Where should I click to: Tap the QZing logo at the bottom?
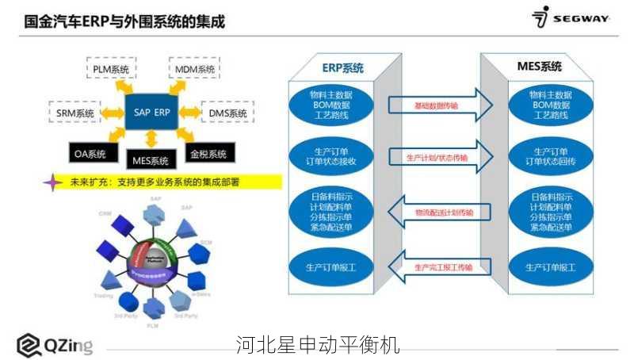point(55,345)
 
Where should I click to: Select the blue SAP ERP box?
point(151,113)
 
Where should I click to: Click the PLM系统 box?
point(111,70)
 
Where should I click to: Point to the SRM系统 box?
point(74,113)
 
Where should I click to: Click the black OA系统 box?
point(90,154)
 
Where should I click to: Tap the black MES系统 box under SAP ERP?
point(151,161)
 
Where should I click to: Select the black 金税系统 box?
point(208,154)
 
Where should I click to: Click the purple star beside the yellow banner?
point(52,182)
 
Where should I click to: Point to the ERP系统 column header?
point(342,67)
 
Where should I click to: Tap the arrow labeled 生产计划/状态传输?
point(435,158)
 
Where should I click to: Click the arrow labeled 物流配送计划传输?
point(435,213)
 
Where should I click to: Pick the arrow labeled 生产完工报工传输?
point(435,267)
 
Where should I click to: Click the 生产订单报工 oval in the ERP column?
point(331,267)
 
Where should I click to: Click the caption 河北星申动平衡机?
point(317,345)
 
